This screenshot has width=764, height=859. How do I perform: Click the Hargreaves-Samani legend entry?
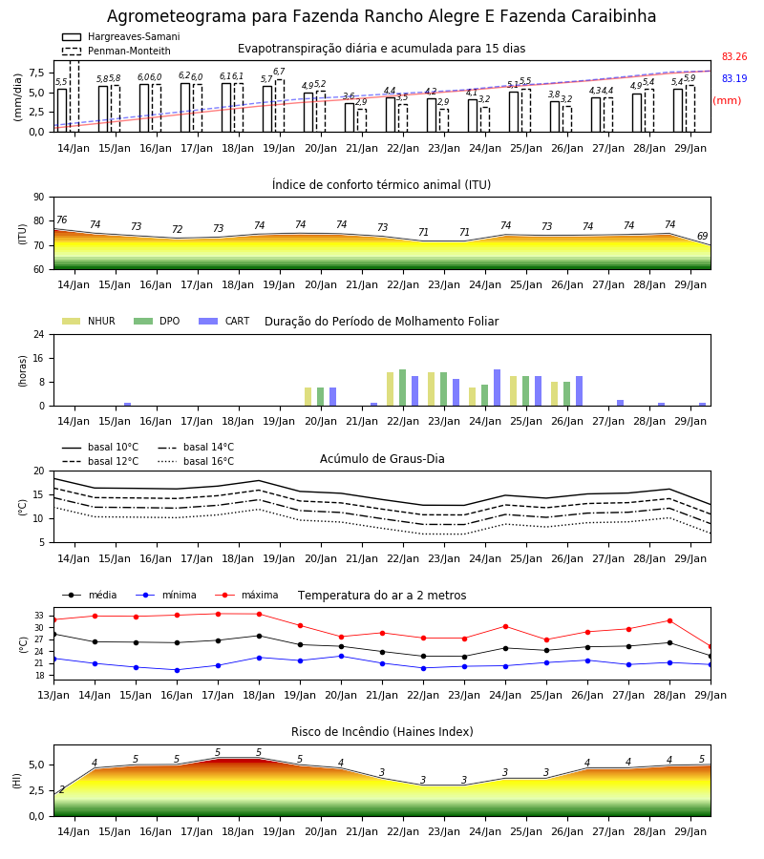(120, 36)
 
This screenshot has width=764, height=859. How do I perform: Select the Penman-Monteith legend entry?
(117, 51)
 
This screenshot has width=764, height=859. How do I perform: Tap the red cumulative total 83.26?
(734, 56)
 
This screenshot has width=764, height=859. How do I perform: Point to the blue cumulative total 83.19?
(734, 78)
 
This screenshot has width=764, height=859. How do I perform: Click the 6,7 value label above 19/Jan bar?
(279, 72)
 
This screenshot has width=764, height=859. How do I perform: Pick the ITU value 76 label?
(61, 220)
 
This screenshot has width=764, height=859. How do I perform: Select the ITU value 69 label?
(702, 236)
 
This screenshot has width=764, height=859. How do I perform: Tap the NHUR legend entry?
(89, 321)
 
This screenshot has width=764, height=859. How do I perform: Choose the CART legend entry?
(224, 321)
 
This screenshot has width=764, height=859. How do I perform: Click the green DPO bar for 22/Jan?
(402, 388)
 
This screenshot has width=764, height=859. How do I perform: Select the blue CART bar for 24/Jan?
(498, 388)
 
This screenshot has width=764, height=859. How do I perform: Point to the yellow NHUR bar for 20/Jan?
(308, 397)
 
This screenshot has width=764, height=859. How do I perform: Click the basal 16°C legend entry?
(196, 461)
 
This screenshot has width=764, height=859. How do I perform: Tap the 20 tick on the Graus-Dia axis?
(39, 471)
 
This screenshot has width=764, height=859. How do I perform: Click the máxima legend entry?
(247, 595)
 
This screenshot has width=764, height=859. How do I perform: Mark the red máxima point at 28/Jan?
(669, 620)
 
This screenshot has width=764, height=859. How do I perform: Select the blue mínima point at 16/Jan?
(177, 670)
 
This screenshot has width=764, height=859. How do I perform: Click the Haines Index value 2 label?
(62, 789)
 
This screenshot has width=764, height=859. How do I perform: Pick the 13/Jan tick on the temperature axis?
(53, 695)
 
